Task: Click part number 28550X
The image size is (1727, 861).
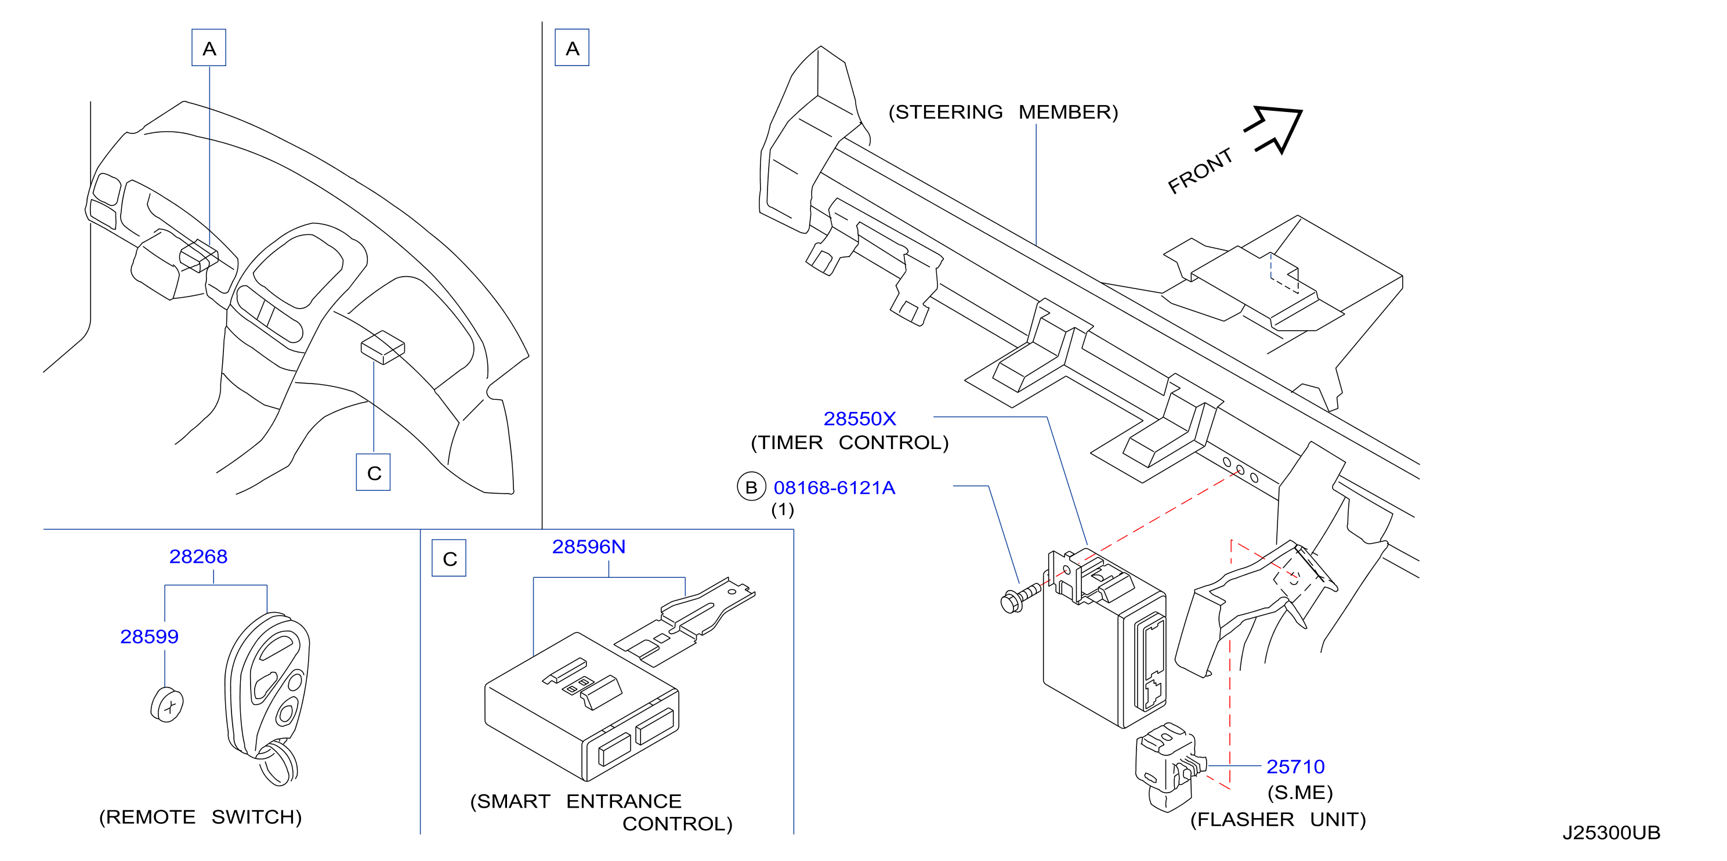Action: coord(860,419)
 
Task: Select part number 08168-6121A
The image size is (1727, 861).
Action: coord(834,487)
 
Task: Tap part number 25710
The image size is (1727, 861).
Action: coord(1295,766)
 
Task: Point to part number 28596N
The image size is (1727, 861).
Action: coord(589,547)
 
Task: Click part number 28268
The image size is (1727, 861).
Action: coord(198,556)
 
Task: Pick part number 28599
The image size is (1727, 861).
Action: coord(150,636)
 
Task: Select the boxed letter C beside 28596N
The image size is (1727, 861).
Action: coord(449,559)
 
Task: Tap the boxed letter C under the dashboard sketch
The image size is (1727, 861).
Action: coord(374,473)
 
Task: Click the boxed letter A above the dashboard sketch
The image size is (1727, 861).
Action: coord(209,48)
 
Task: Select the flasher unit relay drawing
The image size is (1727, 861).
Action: coord(1170,767)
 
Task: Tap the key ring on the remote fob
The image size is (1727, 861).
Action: coord(277,762)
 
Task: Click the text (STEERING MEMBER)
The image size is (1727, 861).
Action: coord(1004,112)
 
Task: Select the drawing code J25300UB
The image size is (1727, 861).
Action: coord(1612,833)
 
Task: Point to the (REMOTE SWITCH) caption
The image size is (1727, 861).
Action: coord(201,817)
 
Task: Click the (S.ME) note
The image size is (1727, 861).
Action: coord(1300,793)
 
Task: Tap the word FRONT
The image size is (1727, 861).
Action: coord(1200,171)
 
